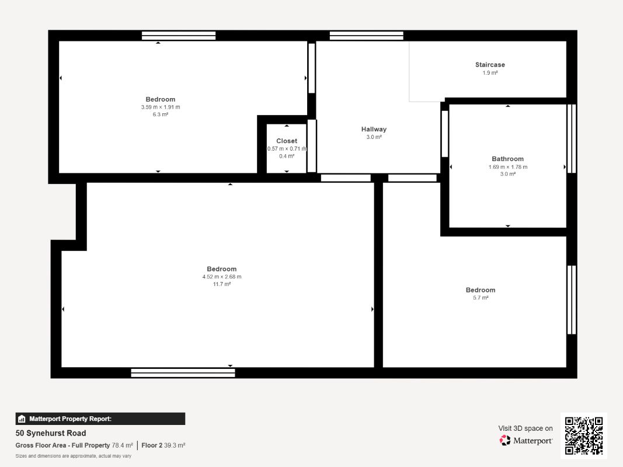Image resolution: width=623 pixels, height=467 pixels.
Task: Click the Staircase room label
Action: click(x=490, y=65)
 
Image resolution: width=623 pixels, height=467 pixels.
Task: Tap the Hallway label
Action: click(x=374, y=129)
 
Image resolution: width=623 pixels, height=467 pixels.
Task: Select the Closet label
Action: click(x=287, y=141)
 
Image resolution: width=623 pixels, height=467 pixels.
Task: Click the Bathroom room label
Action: click(x=508, y=159)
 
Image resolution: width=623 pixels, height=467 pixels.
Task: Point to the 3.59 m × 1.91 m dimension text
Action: click(x=161, y=107)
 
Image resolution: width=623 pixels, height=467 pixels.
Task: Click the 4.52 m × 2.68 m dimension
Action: click(x=222, y=276)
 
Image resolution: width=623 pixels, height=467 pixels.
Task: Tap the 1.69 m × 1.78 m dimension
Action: click(x=508, y=167)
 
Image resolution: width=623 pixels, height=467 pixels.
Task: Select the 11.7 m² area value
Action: click(x=222, y=284)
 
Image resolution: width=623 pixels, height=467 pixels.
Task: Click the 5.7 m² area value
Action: click(x=481, y=298)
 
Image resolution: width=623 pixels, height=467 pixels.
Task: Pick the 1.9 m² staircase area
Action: click(x=490, y=72)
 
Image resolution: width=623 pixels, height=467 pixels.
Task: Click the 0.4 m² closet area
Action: click(x=287, y=156)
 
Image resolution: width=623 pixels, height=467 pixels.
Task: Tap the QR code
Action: click(x=584, y=435)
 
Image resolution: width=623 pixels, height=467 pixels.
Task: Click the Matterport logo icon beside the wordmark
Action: click(x=505, y=440)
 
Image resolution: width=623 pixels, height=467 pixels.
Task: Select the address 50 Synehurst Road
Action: click(x=51, y=433)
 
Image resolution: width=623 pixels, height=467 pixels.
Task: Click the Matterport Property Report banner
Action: click(x=100, y=419)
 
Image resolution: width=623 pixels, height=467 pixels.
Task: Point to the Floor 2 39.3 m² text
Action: click(x=163, y=445)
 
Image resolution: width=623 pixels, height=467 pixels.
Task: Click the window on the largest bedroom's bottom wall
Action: click(x=183, y=373)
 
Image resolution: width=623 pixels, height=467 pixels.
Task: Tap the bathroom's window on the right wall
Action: click(x=572, y=138)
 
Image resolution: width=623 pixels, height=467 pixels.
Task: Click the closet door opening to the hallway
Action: click(x=312, y=146)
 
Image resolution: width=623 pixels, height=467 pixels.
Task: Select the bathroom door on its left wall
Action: click(x=445, y=134)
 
